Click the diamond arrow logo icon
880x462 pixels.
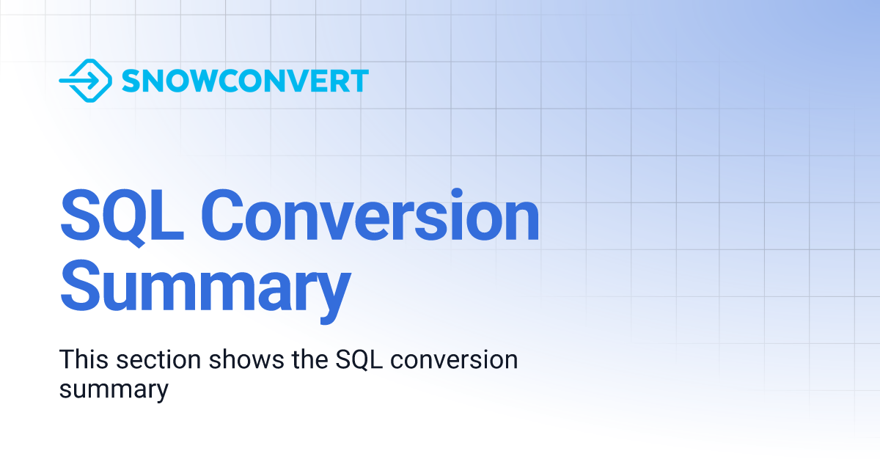85,81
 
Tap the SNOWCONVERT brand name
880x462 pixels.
245,81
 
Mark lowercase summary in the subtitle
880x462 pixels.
114,389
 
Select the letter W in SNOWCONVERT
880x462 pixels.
197,81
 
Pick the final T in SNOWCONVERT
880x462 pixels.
358,81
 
